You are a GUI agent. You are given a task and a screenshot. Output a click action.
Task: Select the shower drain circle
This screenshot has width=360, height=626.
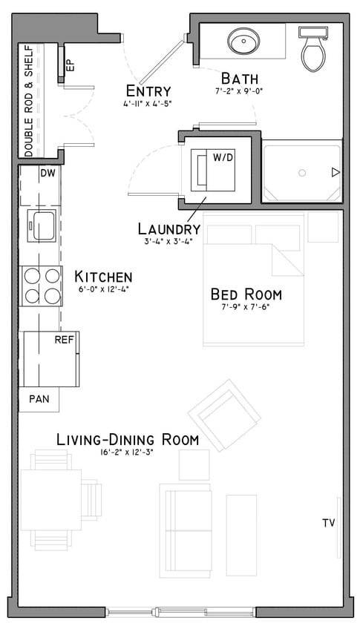click(x=302, y=173)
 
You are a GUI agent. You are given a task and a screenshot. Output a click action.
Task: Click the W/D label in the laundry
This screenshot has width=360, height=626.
click(x=223, y=157)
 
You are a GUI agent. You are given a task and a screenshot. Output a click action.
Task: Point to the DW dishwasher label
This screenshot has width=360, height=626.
click(x=48, y=173)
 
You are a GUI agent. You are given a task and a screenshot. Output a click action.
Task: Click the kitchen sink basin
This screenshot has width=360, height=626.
click(x=41, y=225)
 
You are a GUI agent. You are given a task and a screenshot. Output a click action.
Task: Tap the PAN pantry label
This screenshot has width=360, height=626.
click(x=39, y=398)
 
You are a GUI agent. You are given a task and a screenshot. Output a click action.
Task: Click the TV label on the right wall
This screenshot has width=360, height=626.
click(x=329, y=523)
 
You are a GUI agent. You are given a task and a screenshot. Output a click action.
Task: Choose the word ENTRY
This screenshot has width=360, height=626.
click(x=149, y=90)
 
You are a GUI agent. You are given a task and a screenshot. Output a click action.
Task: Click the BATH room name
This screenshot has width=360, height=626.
click(x=238, y=78)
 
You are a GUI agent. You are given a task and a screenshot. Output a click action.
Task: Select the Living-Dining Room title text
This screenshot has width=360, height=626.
click(x=128, y=439)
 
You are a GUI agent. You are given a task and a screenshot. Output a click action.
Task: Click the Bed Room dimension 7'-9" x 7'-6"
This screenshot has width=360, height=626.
click(x=246, y=307)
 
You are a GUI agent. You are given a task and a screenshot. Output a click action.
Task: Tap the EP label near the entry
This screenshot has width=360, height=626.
click(x=71, y=65)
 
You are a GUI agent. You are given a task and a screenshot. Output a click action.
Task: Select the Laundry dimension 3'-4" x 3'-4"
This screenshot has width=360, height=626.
click(x=168, y=241)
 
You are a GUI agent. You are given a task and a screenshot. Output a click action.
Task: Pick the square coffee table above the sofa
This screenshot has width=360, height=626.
click(x=194, y=465)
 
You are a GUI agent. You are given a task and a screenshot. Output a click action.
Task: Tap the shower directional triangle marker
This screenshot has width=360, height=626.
click(x=336, y=173)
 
